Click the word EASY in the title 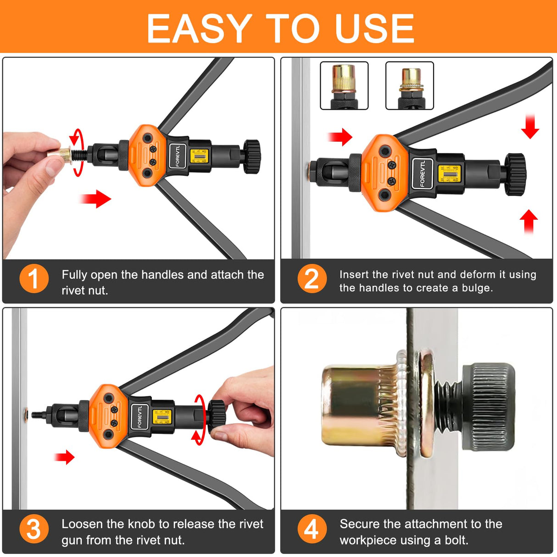pos(199,28)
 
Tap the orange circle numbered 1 pos(33,278)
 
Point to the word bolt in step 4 pos(455,540)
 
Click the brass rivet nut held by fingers pos(60,155)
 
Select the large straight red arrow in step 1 pos(96,199)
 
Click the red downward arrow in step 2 pos(530,127)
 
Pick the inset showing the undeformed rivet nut pos(344,85)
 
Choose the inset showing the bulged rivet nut pos(410,85)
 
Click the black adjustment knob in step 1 pos(252,156)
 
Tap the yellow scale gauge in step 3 pos(161,416)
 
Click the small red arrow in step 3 pos(65,457)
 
